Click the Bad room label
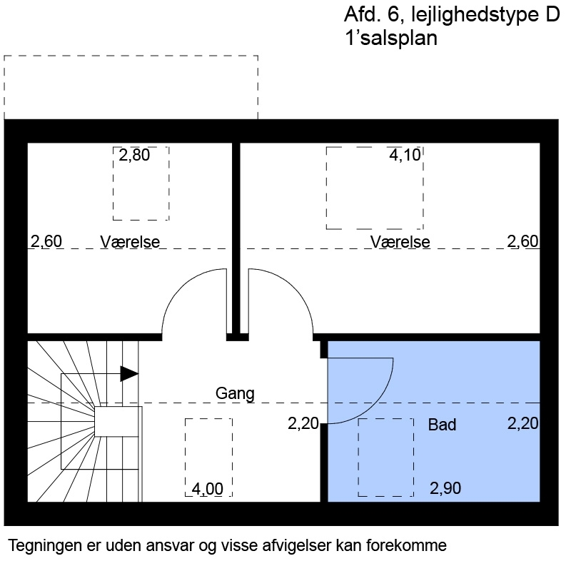click(442, 425)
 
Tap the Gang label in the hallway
click(235, 393)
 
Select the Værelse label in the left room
click(130, 241)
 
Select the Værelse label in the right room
click(400, 242)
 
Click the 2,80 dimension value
click(134, 155)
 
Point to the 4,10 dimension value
click(405, 155)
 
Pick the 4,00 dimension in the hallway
click(208, 489)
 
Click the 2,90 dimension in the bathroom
click(445, 489)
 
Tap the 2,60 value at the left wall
click(46, 241)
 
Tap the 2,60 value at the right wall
click(522, 241)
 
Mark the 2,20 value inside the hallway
click(303, 424)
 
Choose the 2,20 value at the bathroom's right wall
click(522, 424)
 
